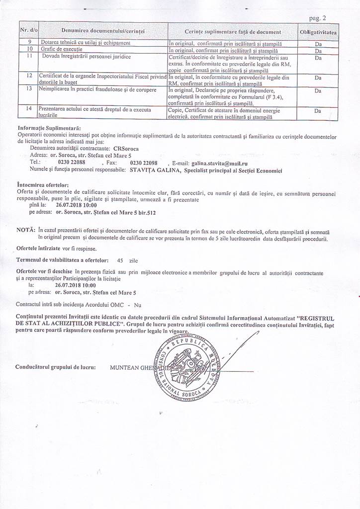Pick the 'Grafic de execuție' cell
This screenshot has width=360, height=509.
point(55,50)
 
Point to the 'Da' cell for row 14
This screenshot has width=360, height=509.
point(318,111)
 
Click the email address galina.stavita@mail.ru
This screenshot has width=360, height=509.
point(219,163)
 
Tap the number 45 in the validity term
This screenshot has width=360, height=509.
point(119,260)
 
